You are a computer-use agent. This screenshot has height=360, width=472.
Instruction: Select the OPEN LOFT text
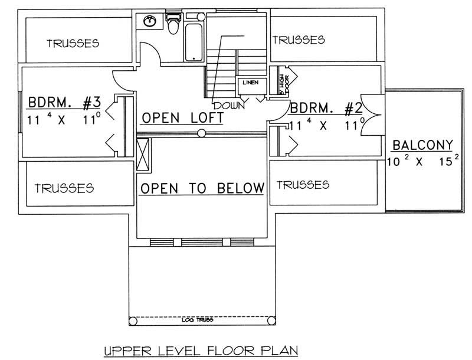tap(182, 118)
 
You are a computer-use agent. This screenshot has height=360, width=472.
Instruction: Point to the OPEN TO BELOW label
tap(201, 188)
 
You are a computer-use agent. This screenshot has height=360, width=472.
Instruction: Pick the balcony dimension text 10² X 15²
tap(422, 162)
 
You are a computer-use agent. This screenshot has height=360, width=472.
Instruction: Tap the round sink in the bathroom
tap(150, 22)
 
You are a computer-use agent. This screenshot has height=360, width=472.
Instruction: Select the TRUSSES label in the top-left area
tap(72, 43)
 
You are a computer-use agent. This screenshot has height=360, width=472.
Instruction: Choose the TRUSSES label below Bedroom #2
tap(303, 185)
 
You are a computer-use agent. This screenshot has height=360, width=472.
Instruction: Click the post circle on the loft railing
tap(202, 134)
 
